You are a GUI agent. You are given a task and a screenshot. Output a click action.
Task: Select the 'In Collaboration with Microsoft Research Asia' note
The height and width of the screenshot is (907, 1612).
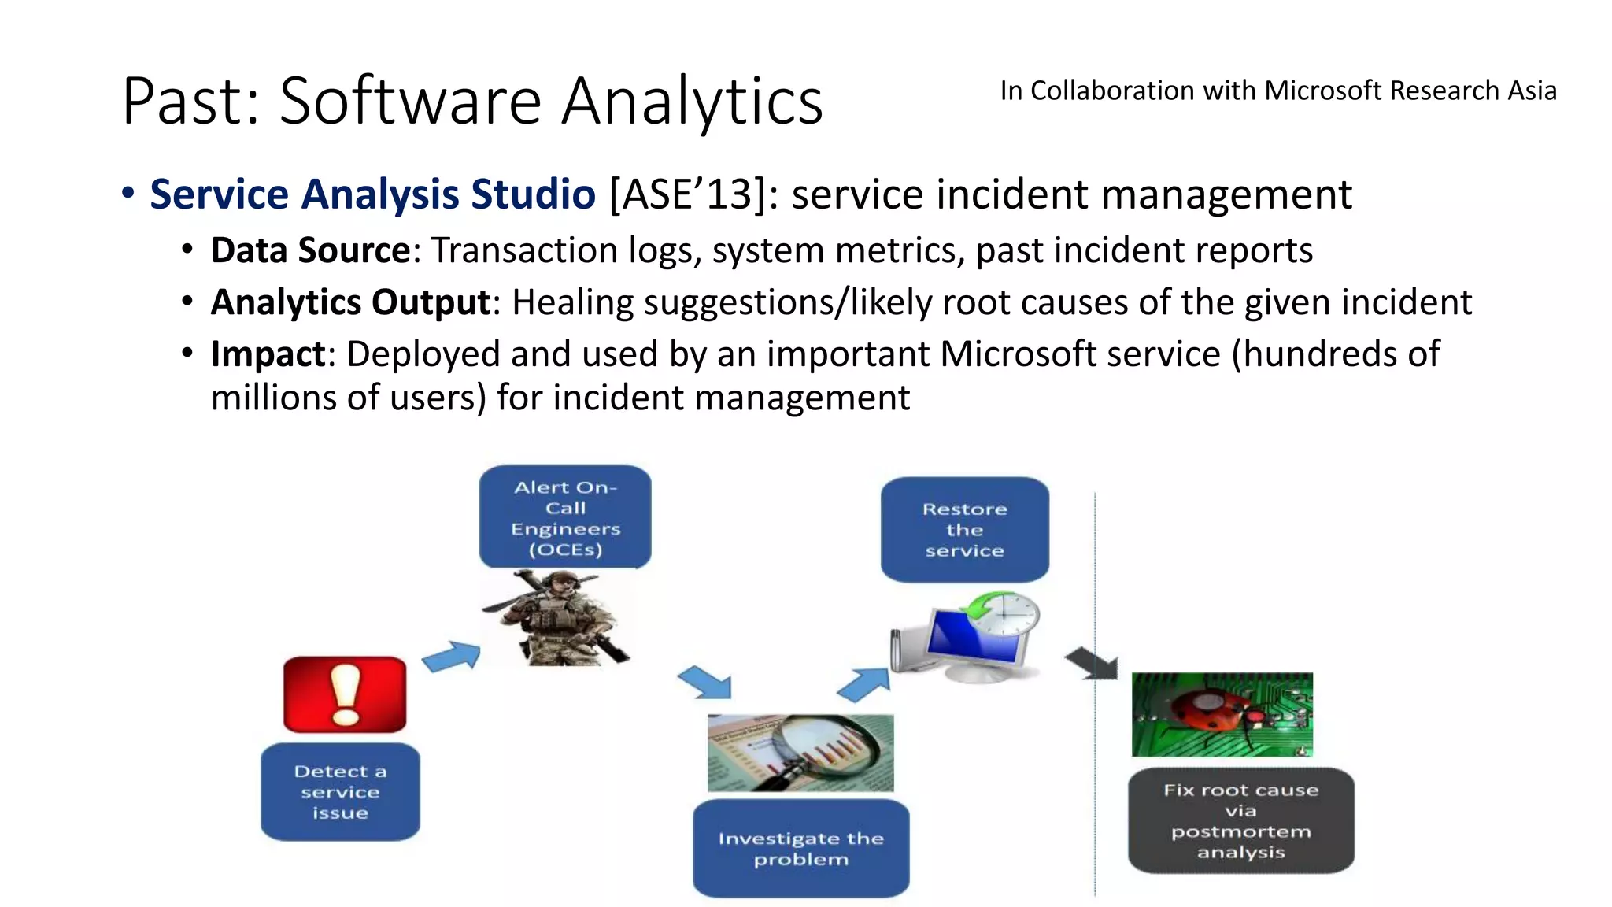click(x=1277, y=91)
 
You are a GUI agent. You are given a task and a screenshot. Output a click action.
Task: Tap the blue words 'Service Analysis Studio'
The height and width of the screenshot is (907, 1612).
click(x=372, y=194)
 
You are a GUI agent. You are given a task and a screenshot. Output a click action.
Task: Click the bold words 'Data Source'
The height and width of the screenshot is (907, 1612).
click(x=310, y=250)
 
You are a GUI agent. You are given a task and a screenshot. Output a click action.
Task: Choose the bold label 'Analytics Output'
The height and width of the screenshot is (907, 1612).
click(x=351, y=302)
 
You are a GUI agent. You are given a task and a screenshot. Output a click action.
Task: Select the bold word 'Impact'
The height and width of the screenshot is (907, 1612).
click(x=268, y=354)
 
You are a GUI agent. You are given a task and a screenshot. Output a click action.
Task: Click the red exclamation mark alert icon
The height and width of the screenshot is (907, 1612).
click(x=345, y=694)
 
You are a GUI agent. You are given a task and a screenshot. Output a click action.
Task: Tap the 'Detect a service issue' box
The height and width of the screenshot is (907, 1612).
click(x=340, y=792)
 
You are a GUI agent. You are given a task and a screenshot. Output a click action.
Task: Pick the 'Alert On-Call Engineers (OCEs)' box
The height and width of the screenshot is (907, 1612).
click(x=565, y=516)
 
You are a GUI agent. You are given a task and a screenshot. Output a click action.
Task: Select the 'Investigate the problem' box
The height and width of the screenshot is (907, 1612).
click(x=800, y=849)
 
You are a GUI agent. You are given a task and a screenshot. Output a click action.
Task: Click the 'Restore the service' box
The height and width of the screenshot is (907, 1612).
click(x=964, y=529)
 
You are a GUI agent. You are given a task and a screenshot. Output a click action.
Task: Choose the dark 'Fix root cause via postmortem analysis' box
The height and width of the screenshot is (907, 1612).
click(x=1240, y=820)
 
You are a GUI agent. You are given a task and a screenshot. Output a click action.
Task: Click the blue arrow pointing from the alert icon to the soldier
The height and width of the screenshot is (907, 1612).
click(x=452, y=657)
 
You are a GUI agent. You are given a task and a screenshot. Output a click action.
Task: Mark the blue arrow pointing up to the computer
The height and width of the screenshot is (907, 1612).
click(x=864, y=683)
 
